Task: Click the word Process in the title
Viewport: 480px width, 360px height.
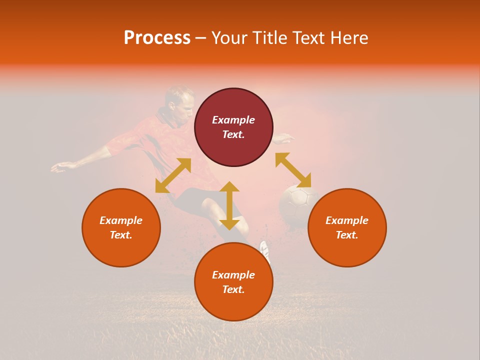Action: pos(157,38)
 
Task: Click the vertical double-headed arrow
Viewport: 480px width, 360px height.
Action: pos(229,205)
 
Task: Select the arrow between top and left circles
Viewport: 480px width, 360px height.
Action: pos(173,175)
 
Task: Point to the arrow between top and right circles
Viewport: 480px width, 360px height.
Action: pos(293,170)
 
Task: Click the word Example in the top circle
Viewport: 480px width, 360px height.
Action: pos(233,120)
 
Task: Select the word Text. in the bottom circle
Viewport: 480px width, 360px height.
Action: pos(233,289)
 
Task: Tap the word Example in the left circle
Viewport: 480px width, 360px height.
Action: pos(121,220)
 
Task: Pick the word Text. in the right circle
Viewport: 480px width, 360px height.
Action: pos(347,235)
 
